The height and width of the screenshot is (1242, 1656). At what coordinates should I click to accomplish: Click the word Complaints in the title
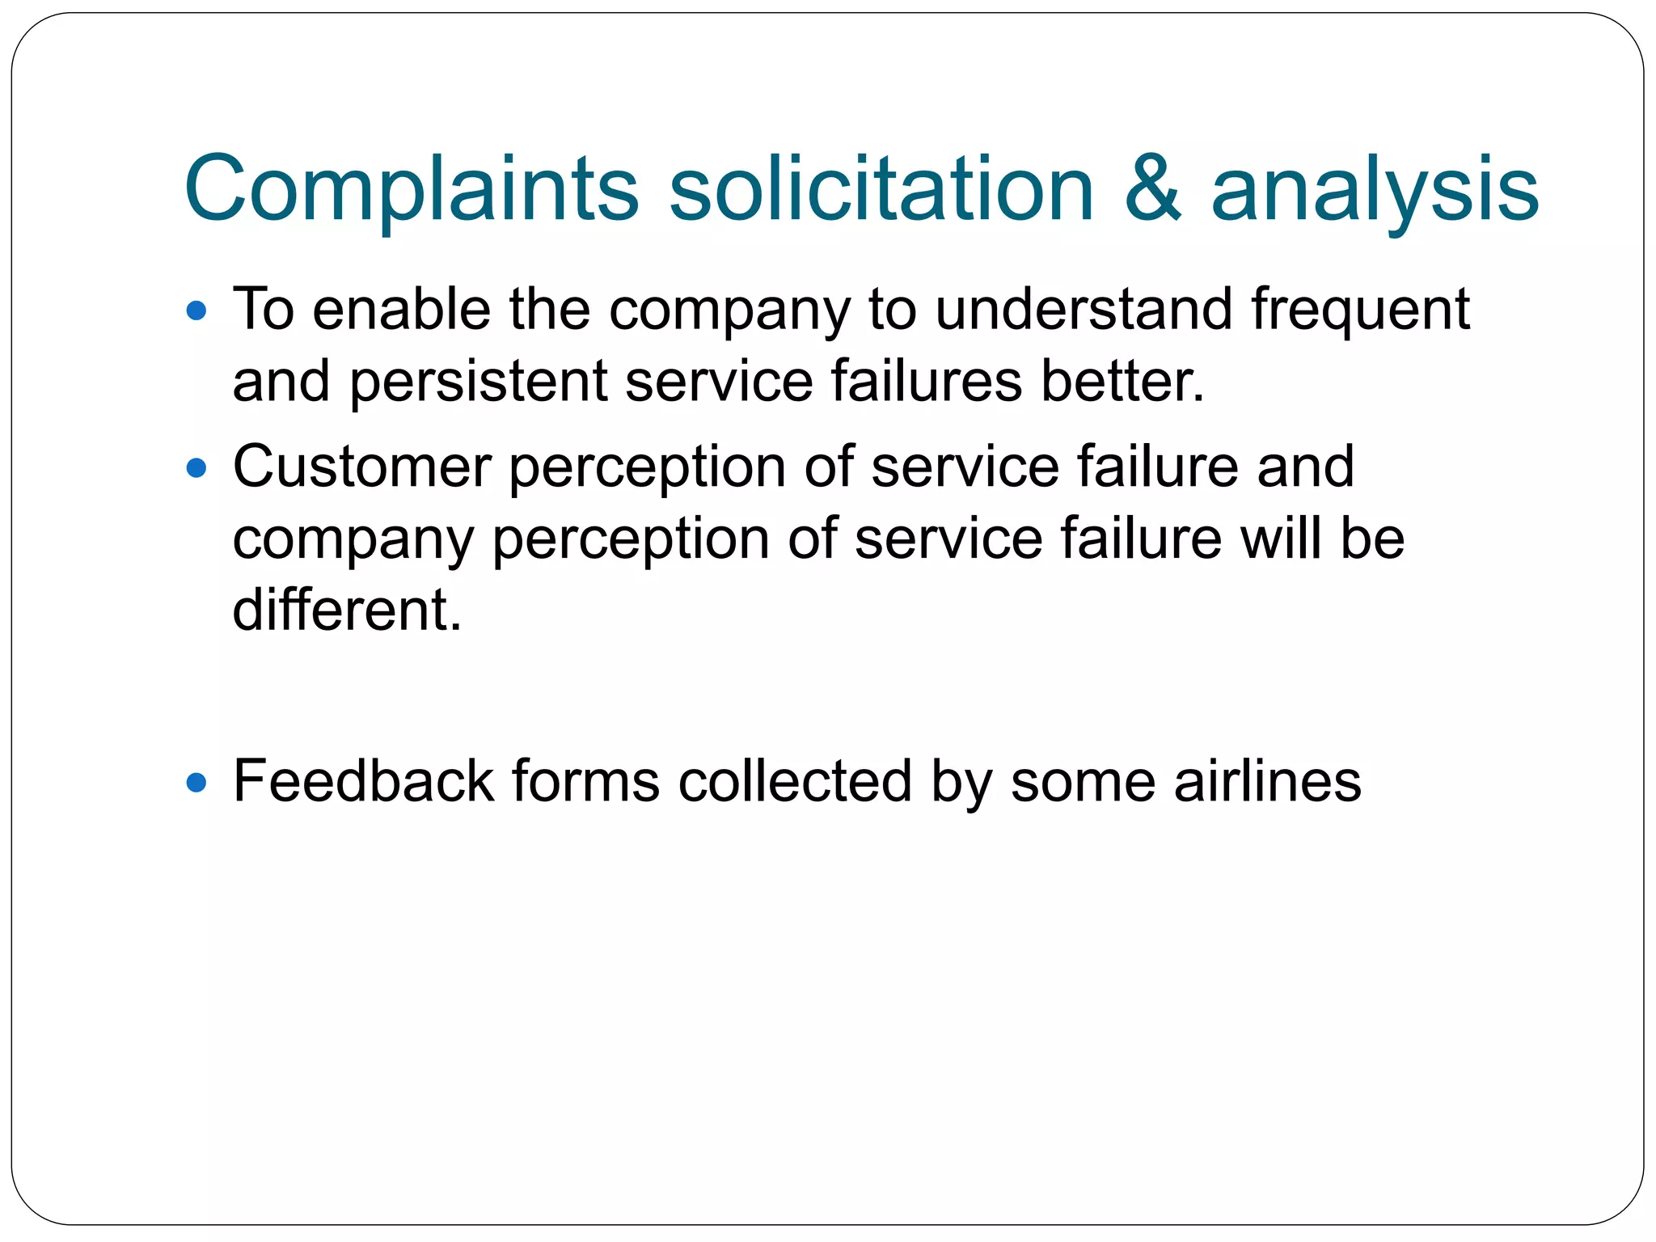412,189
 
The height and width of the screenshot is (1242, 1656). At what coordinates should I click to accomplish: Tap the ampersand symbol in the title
1152,189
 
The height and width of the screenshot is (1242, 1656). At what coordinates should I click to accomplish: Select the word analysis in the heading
1375,189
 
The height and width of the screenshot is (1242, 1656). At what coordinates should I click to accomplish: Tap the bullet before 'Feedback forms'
196,782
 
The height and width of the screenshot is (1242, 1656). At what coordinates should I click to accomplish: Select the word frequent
1360,310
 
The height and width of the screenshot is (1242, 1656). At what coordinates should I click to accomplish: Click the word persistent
478,381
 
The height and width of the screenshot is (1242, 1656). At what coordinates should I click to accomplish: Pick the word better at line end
1122,381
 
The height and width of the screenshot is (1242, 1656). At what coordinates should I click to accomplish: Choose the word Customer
361,467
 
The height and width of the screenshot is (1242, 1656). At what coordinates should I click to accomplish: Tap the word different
347,610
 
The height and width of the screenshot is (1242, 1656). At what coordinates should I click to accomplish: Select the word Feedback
363,782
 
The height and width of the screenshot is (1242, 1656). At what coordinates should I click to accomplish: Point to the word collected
795,782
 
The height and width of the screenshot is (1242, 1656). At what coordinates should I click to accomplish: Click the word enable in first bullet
401,310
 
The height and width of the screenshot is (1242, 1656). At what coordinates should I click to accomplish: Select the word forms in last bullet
585,782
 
